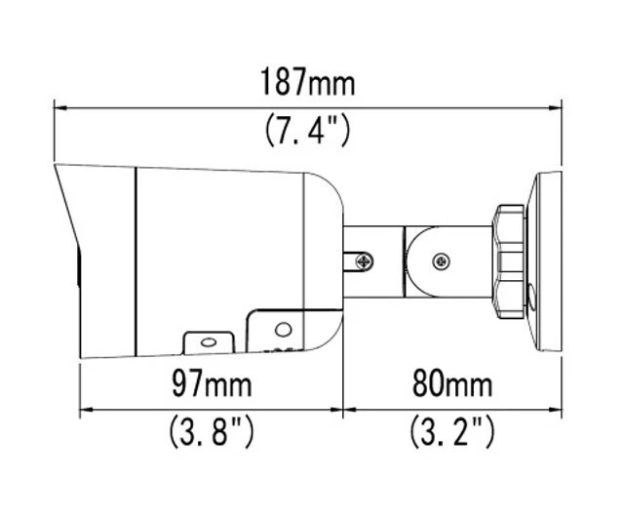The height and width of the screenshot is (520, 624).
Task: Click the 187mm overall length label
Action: (307, 82)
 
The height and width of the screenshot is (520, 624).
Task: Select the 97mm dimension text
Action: (211, 384)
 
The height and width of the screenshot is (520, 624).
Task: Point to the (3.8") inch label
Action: (211, 431)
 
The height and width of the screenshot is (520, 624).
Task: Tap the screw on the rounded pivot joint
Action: (442, 260)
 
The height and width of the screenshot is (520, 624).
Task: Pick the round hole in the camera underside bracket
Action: (283, 330)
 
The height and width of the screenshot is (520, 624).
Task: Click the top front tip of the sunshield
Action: (57, 167)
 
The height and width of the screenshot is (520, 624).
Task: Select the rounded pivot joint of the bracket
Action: (429, 260)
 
